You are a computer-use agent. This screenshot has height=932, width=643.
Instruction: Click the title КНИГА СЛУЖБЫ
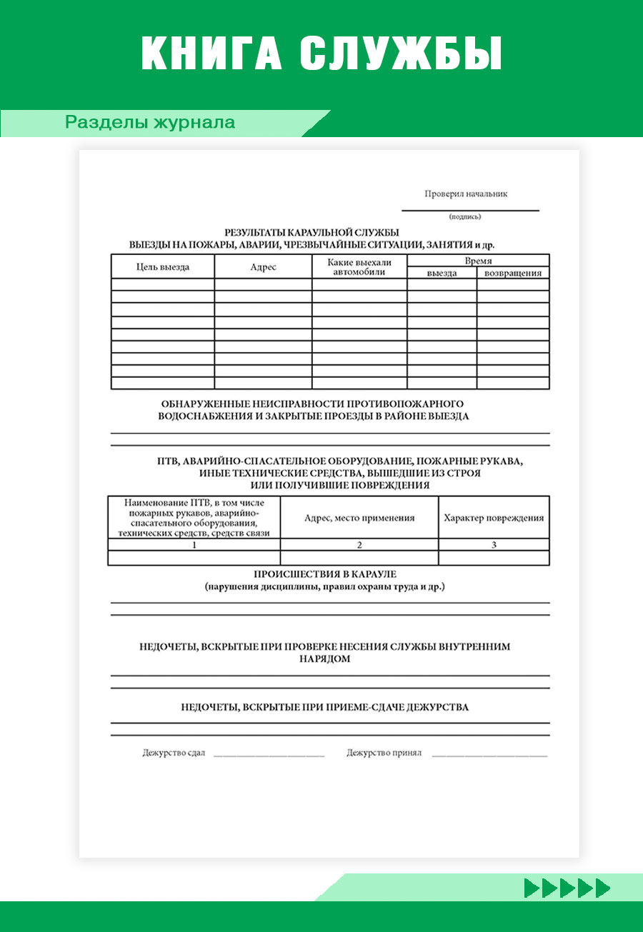coord(321,53)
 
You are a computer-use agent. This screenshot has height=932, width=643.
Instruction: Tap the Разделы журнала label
coord(150,123)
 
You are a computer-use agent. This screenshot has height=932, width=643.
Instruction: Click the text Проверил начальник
coord(466,194)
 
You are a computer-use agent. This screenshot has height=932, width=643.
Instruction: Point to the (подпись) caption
coord(465,216)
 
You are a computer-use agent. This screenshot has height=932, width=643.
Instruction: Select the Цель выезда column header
coord(163,267)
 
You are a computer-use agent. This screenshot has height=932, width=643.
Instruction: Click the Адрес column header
coord(263,267)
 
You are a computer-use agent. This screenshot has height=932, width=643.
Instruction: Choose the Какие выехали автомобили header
coord(359,267)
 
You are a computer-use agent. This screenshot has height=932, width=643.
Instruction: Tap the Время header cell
coord(478,261)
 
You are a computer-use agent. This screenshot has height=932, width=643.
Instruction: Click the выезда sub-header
coord(442,273)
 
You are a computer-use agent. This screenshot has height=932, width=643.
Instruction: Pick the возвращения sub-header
coord(513,273)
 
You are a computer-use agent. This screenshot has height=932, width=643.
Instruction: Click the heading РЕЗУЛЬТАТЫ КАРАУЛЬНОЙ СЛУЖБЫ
coord(311,232)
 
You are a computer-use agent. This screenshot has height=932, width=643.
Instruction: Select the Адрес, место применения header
coord(359,518)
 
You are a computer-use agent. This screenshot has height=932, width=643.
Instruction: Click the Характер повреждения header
coord(494,518)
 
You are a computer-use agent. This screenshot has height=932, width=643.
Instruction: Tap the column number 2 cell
coord(359,545)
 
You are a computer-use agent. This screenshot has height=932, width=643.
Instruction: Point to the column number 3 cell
coord(494,545)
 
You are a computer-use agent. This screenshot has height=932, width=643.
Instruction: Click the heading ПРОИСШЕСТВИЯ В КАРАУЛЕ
coord(325,574)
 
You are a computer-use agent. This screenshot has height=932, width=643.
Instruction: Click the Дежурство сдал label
coord(174,753)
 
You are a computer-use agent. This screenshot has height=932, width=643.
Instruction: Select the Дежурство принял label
coord(384,753)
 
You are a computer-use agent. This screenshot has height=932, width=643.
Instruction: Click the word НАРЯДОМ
coord(325,659)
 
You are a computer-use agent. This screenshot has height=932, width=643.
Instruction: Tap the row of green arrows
coord(567,888)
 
